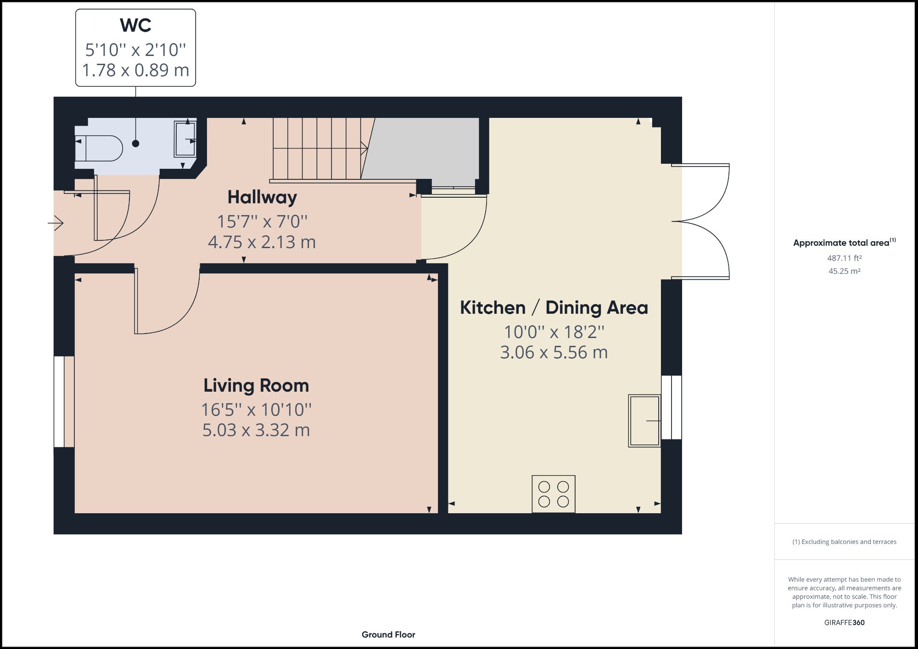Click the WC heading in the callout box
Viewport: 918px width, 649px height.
[x=135, y=25]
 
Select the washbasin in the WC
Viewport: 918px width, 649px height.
[x=185, y=139]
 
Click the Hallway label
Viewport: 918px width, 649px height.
[x=262, y=197]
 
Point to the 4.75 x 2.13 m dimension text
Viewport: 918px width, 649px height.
[x=262, y=242]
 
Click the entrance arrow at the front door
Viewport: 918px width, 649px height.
[x=56, y=223]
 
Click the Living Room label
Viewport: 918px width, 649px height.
[x=256, y=385]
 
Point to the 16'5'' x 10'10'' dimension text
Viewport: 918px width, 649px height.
[x=256, y=410]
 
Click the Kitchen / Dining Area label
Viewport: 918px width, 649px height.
[x=554, y=307]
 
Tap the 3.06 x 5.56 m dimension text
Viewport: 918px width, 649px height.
[x=554, y=352]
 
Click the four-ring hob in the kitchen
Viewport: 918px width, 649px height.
[x=554, y=494]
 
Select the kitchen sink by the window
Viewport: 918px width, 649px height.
[x=644, y=421]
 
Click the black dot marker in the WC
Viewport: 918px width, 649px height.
[x=135, y=144]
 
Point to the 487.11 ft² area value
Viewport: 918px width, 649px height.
[x=844, y=258]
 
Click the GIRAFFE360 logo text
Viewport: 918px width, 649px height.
[x=844, y=622]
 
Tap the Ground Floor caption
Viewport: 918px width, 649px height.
[x=388, y=635]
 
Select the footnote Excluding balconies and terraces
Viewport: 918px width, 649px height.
[x=844, y=542]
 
